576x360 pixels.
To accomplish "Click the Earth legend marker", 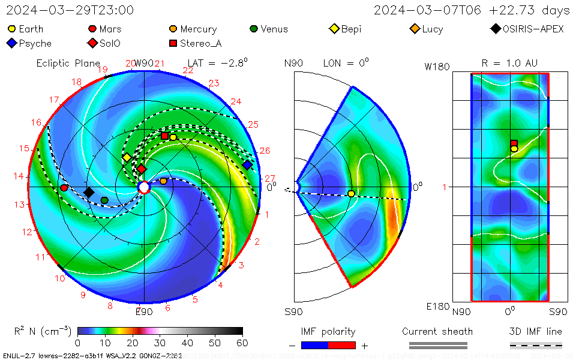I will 11,29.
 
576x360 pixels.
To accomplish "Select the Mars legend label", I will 110,29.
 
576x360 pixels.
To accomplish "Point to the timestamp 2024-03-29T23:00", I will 70,10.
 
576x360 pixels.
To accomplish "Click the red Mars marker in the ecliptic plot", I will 64,188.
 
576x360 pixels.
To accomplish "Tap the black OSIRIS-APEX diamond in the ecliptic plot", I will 89,192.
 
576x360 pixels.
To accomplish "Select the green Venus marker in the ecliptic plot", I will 104,200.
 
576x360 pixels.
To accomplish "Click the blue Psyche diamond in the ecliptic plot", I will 247,165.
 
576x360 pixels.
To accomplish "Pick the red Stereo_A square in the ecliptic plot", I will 165,136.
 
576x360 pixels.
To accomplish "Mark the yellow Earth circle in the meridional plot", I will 351,193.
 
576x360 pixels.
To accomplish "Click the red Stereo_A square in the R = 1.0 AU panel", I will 514,143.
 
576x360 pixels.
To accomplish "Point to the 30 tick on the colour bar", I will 160,343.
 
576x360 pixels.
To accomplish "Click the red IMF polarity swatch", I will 342,345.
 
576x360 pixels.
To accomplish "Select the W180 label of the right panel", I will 437,67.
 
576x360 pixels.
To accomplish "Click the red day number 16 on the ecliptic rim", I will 37,123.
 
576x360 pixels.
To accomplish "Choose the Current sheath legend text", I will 437,331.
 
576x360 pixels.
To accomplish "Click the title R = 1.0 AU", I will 509,63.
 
